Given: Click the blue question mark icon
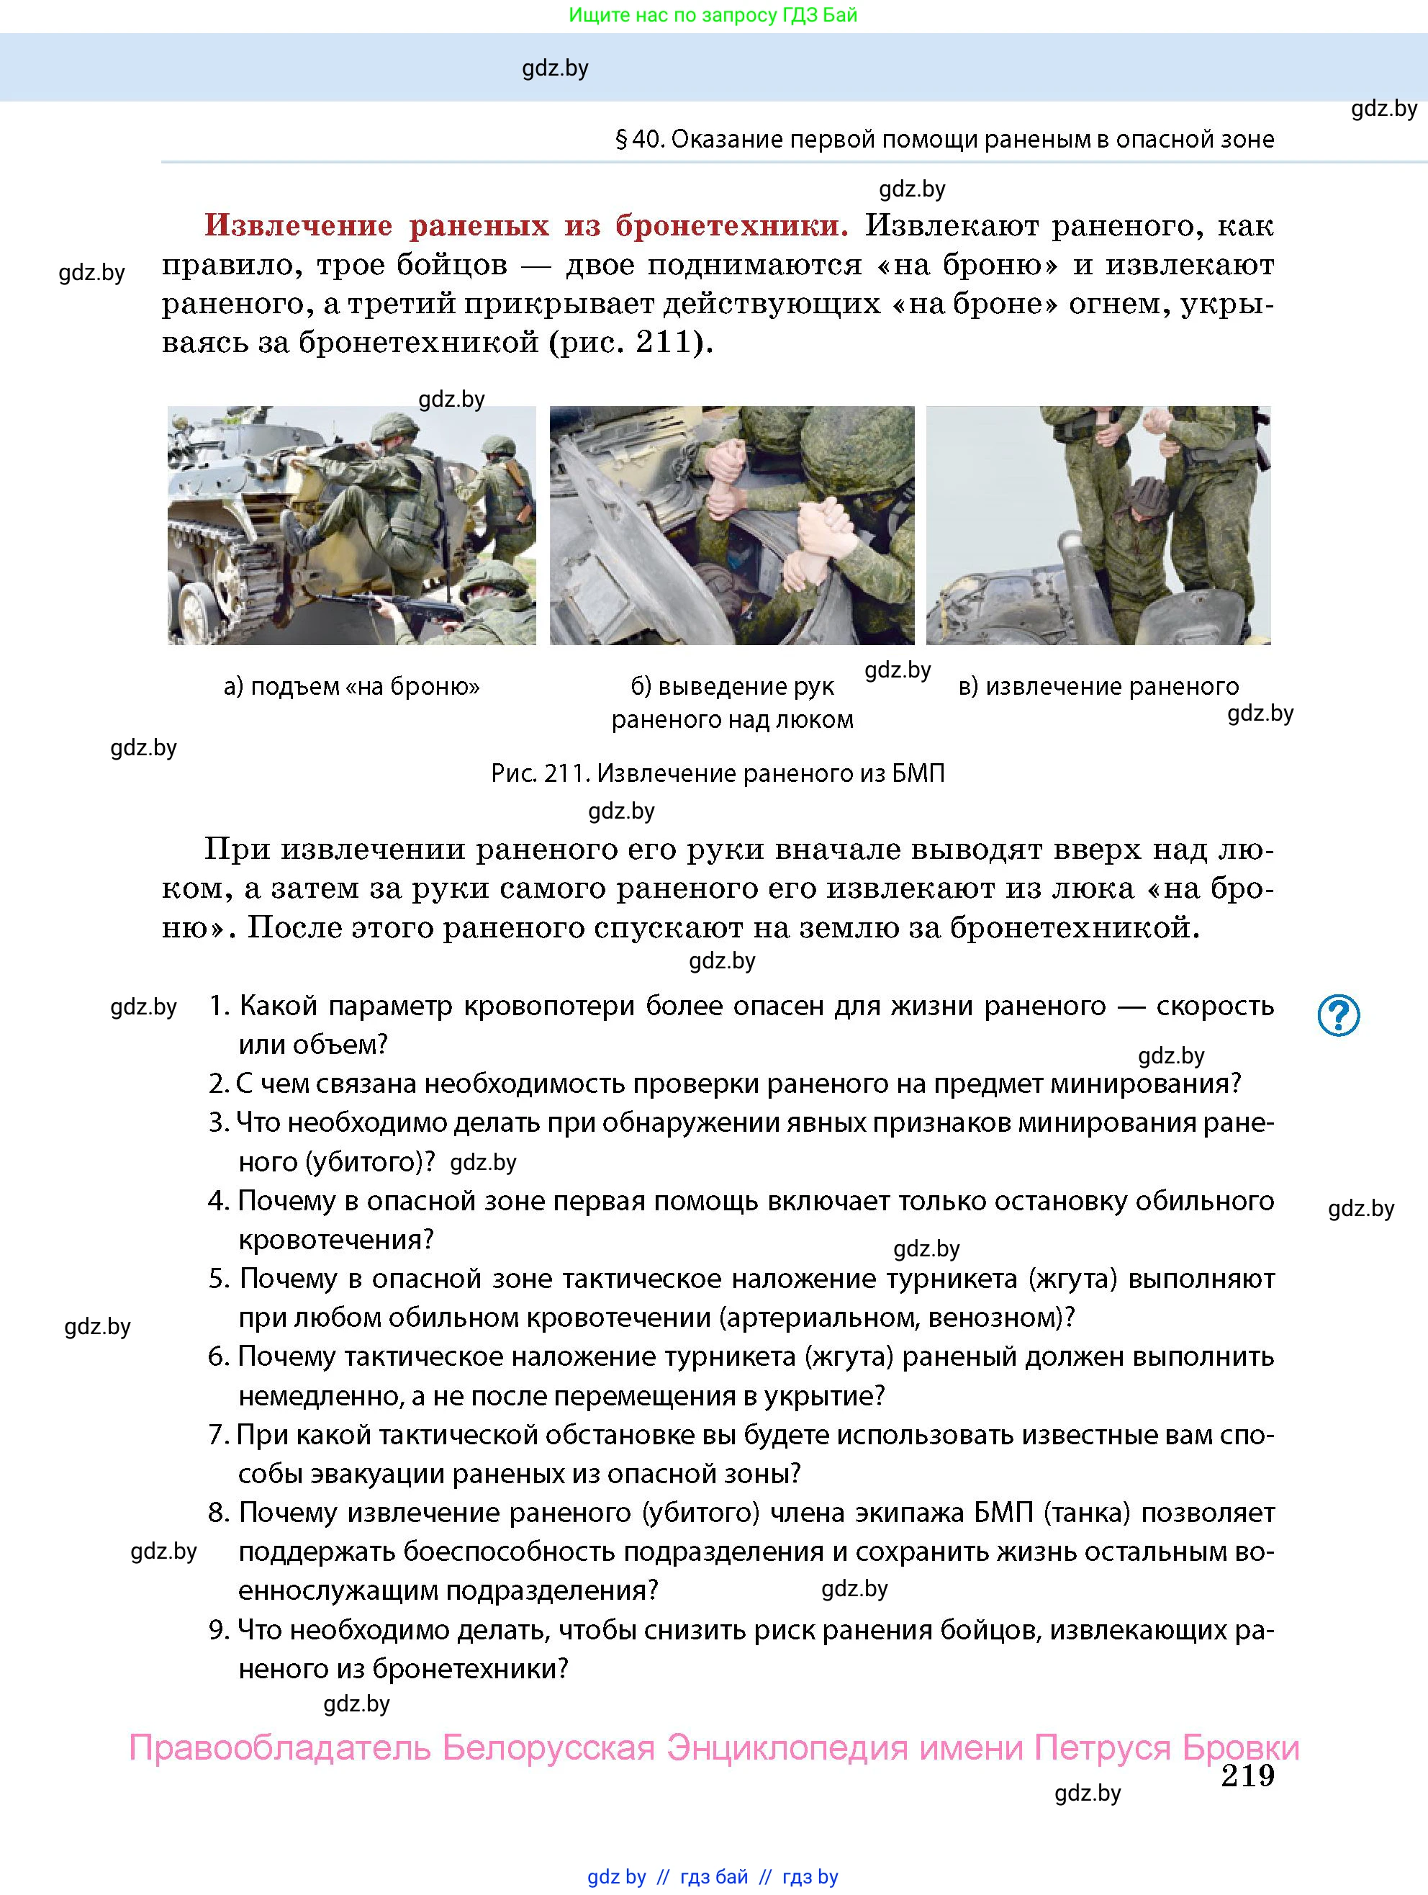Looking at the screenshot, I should (x=1338, y=1015).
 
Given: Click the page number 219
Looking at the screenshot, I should (x=1247, y=1776).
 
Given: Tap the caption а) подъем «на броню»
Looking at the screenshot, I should (x=351, y=686).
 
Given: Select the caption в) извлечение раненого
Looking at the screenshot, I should (x=1098, y=686).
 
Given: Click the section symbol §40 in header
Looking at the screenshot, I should (x=640, y=139).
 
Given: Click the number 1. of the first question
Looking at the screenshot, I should (x=220, y=1006).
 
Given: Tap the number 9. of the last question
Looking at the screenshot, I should (x=220, y=1629).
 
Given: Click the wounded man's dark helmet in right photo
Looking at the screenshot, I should (x=1144, y=496).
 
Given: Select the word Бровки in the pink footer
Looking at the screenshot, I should (x=1240, y=1747).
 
